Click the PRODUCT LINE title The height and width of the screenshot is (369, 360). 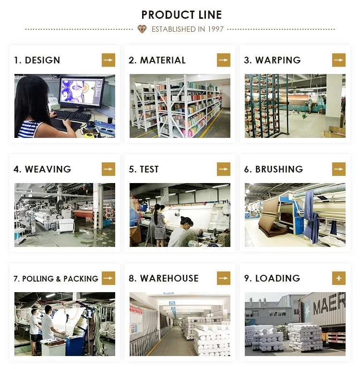pyautogui.click(x=181, y=15)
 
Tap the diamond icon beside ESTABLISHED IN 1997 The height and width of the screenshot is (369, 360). pyautogui.click(x=142, y=29)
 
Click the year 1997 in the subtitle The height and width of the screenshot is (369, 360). pyautogui.click(x=216, y=29)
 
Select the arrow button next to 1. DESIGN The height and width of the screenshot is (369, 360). pyautogui.click(x=108, y=60)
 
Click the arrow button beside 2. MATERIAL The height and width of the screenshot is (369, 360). pyautogui.click(x=224, y=60)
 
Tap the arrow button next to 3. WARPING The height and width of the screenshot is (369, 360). pyautogui.click(x=339, y=60)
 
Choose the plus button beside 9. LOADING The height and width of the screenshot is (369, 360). pyautogui.click(x=339, y=278)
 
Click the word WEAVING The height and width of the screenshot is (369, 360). pyautogui.click(x=48, y=169)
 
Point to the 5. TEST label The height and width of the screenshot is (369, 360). pyautogui.click(x=144, y=169)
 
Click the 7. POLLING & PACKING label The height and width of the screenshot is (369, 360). pyautogui.click(x=56, y=279)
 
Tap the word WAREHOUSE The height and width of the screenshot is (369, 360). pyautogui.click(x=169, y=278)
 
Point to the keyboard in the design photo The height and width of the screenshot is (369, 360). pyautogui.click(x=72, y=116)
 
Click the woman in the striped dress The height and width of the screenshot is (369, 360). pyautogui.click(x=159, y=223)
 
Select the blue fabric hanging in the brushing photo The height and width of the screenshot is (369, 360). pyautogui.click(x=311, y=211)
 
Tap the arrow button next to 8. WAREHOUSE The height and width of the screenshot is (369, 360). pyautogui.click(x=224, y=278)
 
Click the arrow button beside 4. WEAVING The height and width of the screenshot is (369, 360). pyautogui.click(x=108, y=169)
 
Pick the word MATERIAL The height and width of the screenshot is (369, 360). pyautogui.click(x=163, y=60)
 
